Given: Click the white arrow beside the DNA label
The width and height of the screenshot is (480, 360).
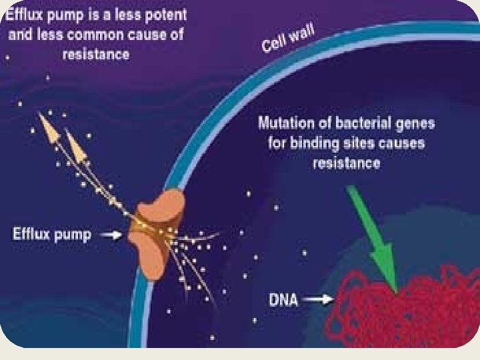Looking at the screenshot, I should click(x=318, y=300).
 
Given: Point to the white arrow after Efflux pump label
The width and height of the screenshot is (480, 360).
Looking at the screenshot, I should click(x=114, y=235).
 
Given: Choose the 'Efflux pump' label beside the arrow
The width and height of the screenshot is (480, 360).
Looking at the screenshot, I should click(x=52, y=235).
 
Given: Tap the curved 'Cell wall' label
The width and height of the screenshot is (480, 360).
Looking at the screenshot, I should click(x=288, y=37).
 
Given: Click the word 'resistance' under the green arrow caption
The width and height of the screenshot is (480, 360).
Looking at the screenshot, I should click(x=347, y=163).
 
